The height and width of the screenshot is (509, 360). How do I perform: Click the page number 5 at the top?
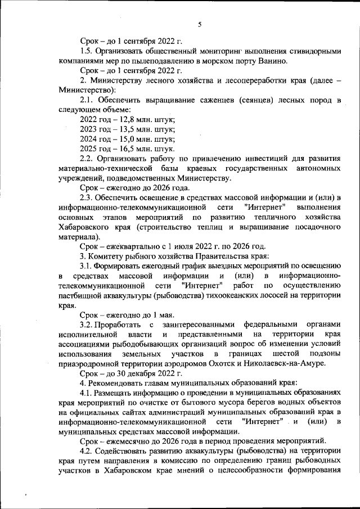[200, 24]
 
